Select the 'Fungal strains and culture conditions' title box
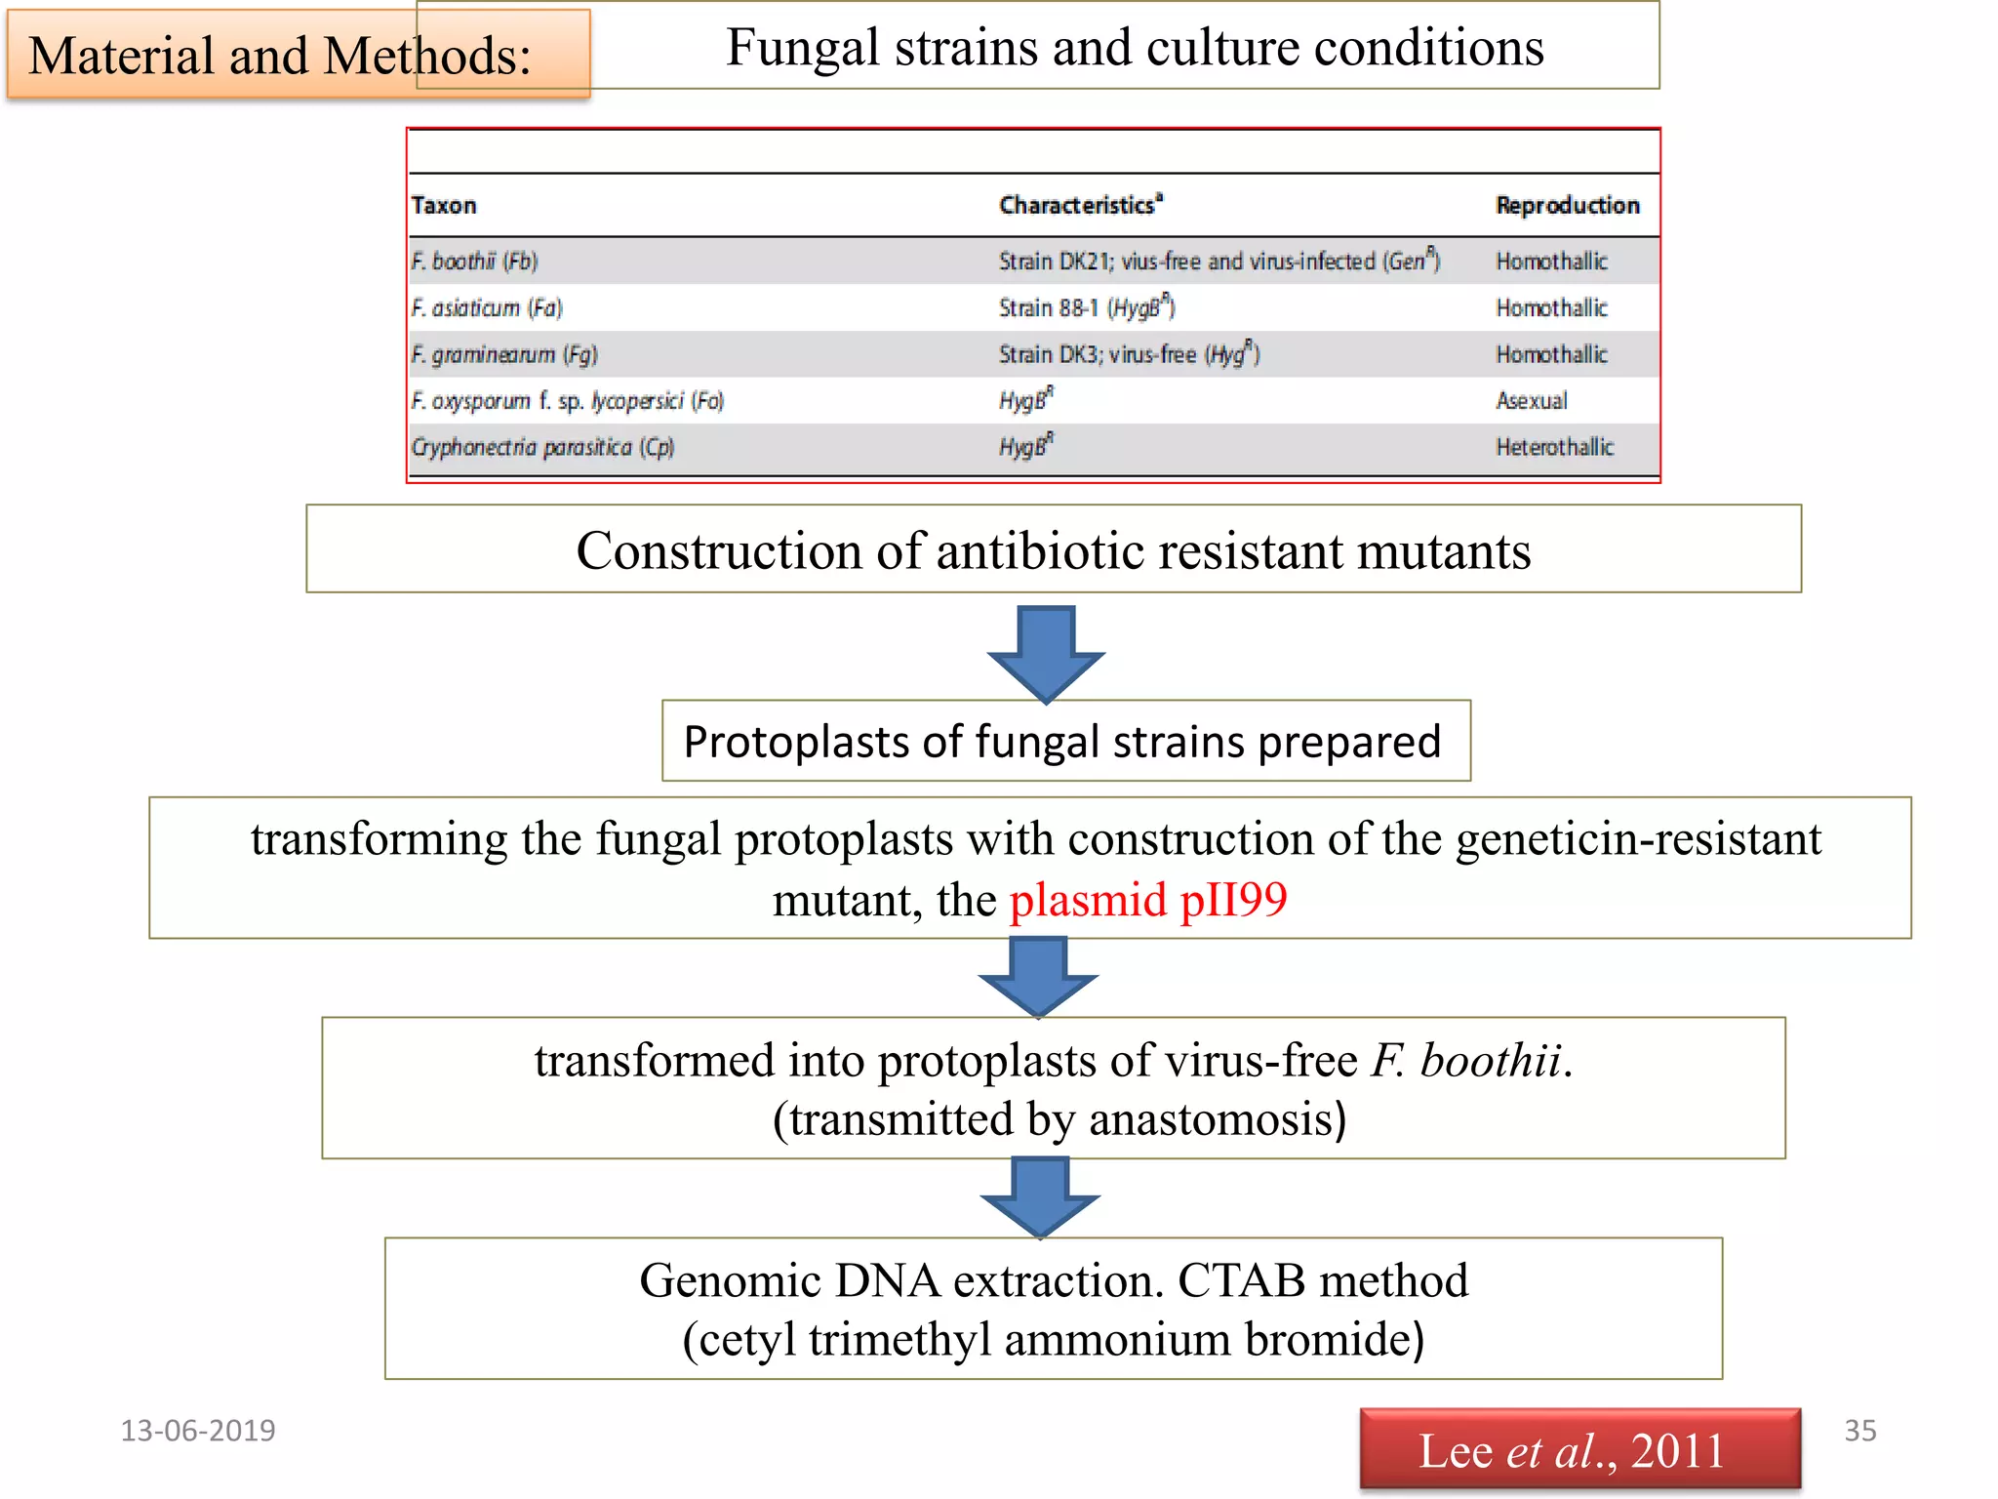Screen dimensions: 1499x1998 point(1134,47)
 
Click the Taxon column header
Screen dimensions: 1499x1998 point(444,205)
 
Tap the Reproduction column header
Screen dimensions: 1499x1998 point(1567,205)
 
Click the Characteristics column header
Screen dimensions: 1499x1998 point(1079,205)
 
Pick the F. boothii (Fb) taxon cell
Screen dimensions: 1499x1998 point(474,261)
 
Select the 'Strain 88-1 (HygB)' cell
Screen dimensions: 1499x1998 point(1086,307)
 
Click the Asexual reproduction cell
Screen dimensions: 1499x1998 point(1531,400)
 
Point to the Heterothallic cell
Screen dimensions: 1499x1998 point(1554,447)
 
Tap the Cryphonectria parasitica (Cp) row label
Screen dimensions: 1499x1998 point(542,447)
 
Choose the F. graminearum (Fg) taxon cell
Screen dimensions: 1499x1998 point(503,354)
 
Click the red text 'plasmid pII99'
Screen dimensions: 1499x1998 point(1147,899)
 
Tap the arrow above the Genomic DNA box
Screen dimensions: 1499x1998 point(1040,1196)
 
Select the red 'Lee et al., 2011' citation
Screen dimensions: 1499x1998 point(1578,1450)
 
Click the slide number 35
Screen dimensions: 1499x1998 point(1858,1431)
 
